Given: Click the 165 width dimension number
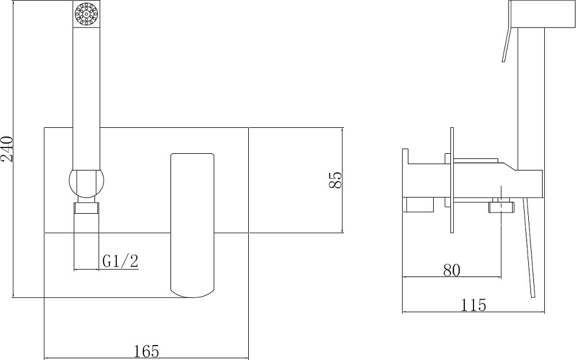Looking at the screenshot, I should (x=146, y=350).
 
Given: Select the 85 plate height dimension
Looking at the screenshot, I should (x=336, y=180).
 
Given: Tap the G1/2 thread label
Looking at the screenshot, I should (x=120, y=261).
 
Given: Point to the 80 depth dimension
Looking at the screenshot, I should (x=452, y=269).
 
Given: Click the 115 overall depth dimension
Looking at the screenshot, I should (x=473, y=305).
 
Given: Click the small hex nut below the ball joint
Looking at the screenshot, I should (x=86, y=208).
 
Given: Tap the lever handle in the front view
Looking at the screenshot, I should (x=193, y=225).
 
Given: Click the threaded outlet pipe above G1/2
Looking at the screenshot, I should (x=86, y=242).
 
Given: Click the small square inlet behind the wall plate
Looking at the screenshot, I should (x=418, y=204).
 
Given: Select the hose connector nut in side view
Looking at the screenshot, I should (x=501, y=206).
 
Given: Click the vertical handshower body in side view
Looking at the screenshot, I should (x=531, y=98).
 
